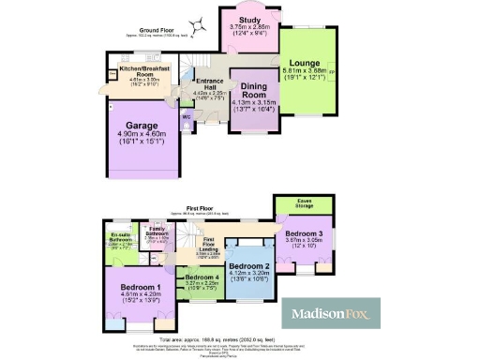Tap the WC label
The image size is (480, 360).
[186, 117]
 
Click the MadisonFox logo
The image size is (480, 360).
[332, 313]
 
